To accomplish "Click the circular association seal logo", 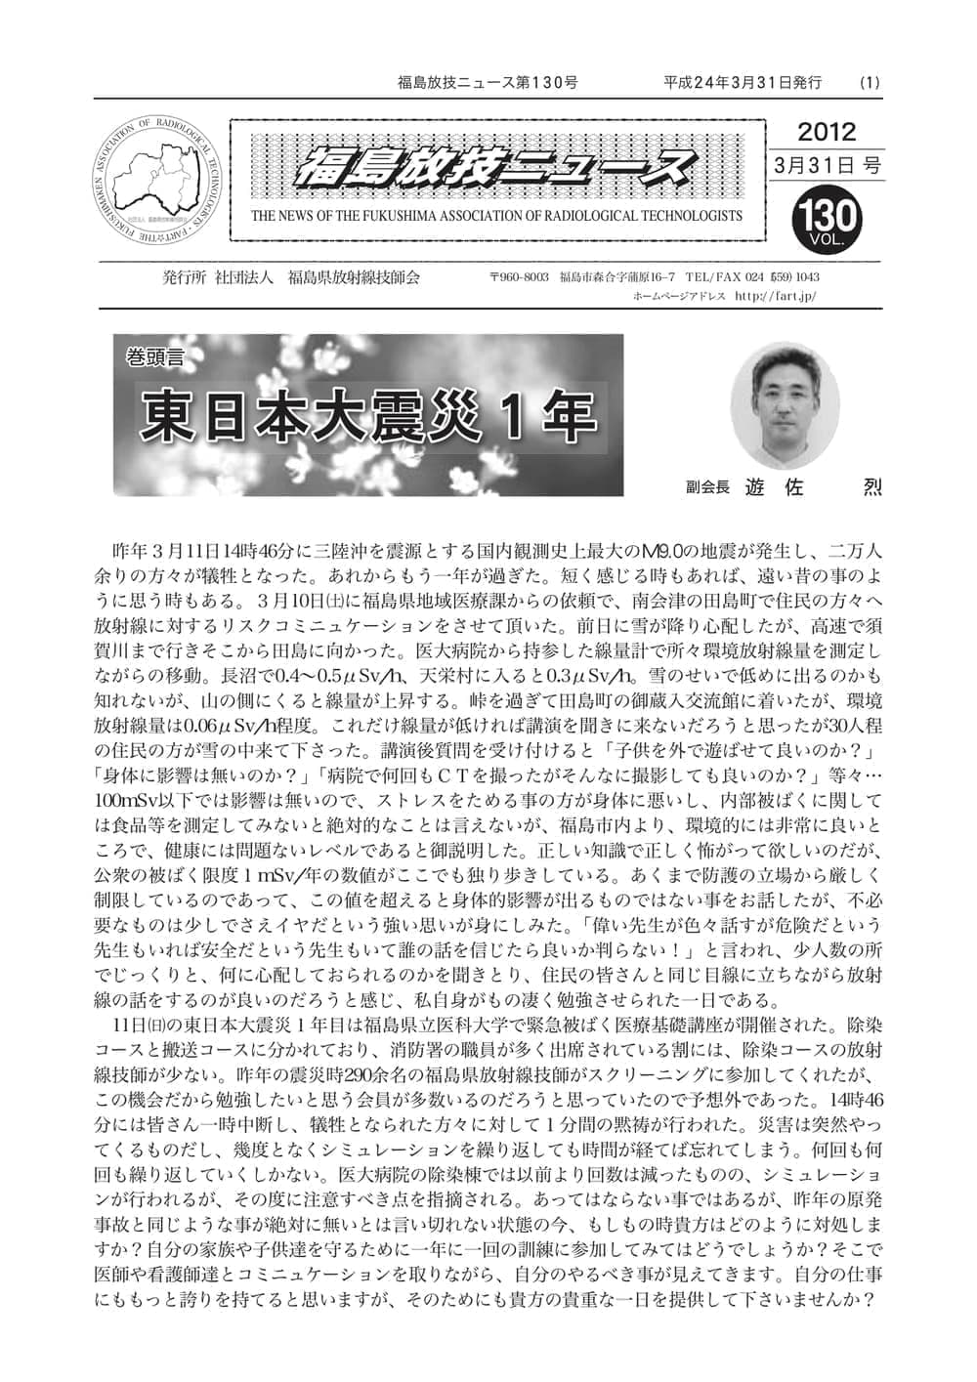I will [x=157, y=179].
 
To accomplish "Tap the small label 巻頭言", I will [x=154, y=356].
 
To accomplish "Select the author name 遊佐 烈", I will [x=813, y=486].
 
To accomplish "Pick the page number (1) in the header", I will [x=870, y=83].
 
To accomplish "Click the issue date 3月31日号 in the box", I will [x=827, y=166].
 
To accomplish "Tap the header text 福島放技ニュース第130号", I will [x=488, y=83].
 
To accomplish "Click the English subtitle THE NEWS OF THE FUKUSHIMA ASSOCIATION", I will [x=496, y=216].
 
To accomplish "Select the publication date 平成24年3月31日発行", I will [x=743, y=83].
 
